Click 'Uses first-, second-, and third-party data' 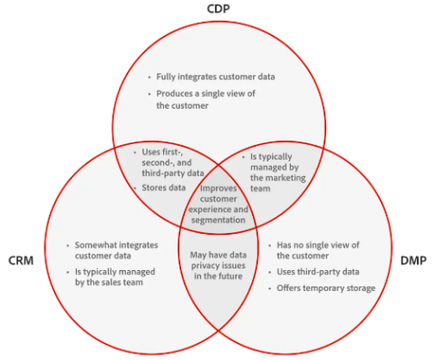point(173,161)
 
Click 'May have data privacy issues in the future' point(217,268)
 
